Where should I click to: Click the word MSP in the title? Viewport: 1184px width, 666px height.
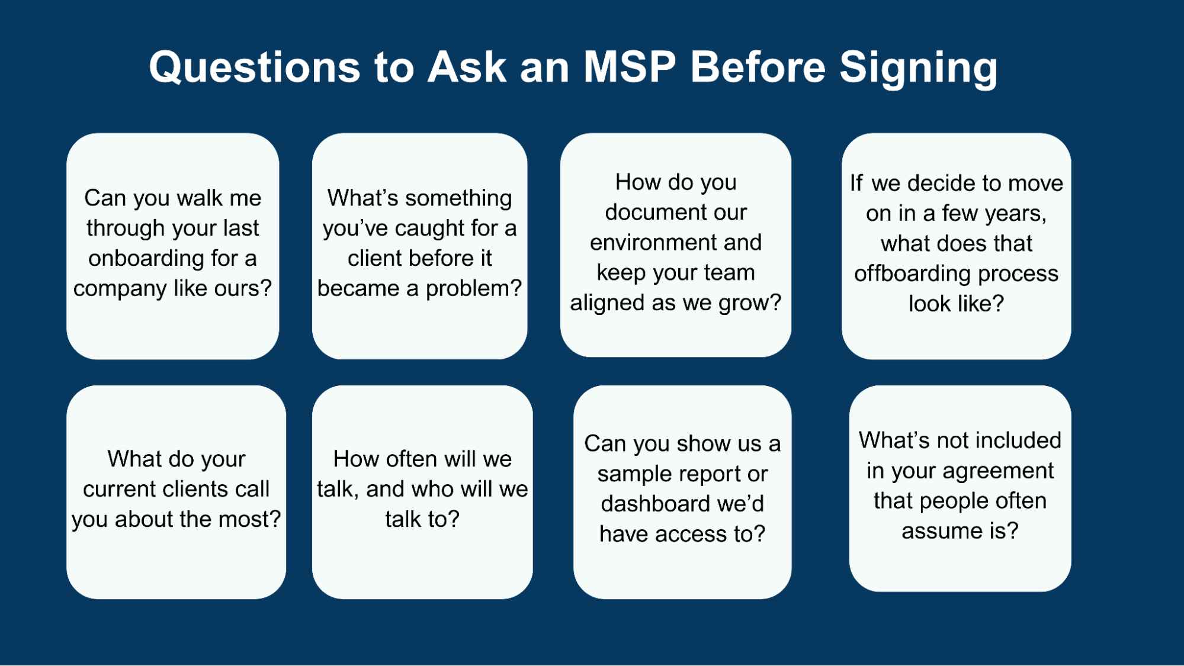tap(629, 66)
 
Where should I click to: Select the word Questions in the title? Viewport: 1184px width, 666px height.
tap(255, 67)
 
